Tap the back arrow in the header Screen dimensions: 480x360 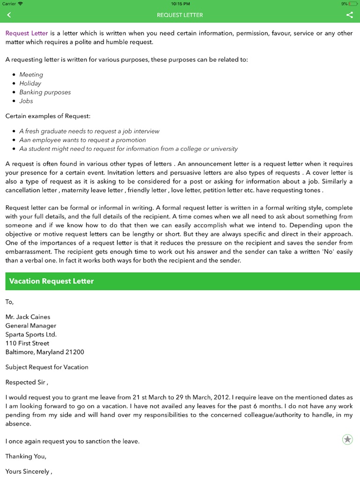(x=9, y=15)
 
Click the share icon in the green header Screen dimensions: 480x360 (x=349, y=15)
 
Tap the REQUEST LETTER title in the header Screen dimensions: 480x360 (x=180, y=15)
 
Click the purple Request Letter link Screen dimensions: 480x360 (x=27, y=33)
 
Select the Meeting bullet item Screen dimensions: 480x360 (x=31, y=75)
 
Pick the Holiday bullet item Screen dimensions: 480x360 (x=30, y=83)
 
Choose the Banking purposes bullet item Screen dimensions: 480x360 (x=45, y=92)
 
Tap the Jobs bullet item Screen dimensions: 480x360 (x=26, y=101)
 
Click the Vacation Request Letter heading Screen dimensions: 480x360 (x=52, y=281)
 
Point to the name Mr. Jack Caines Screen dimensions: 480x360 (x=28, y=317)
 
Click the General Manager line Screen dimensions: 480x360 (x=30, y=326)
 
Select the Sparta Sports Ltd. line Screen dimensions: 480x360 (x=31, y=335)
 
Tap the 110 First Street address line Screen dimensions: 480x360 (x=27, y=343)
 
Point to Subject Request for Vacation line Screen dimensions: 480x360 (x=47, y=367)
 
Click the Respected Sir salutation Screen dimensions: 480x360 (x=26, y=382)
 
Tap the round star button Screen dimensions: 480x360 (x=347, y=439)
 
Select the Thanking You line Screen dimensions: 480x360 (x=26, y=456)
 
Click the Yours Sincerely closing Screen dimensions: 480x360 (x=28, y=471)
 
